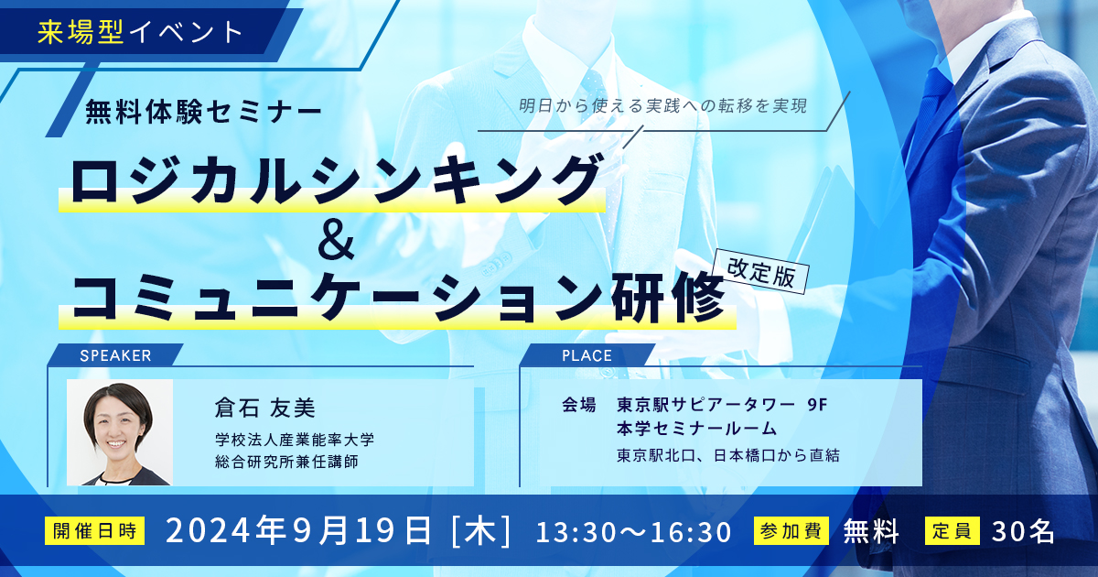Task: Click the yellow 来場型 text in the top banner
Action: (x=80, y=32)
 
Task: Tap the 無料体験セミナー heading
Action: (x=203, y=113)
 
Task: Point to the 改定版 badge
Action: (x=761, y=272)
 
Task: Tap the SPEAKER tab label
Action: (x=115, y=355)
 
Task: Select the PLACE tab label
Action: (x=587, y=355)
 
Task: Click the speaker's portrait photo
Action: (x=120, y=432)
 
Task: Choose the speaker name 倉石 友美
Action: (x=264, y=408)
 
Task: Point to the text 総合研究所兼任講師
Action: (x=286, y=462)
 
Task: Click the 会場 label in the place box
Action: (x=579, y=405)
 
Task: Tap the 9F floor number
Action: (x=817, y=405)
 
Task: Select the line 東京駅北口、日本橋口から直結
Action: (x=728, y=455)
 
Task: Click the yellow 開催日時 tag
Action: (x=94, y=531)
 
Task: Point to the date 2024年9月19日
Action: (x=299, y=531)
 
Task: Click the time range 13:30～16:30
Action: (x=634, y=532)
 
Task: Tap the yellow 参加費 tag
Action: (x=791, y=531)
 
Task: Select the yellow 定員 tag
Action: (x=953, y=531)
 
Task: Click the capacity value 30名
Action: (x=1023, y=531)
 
